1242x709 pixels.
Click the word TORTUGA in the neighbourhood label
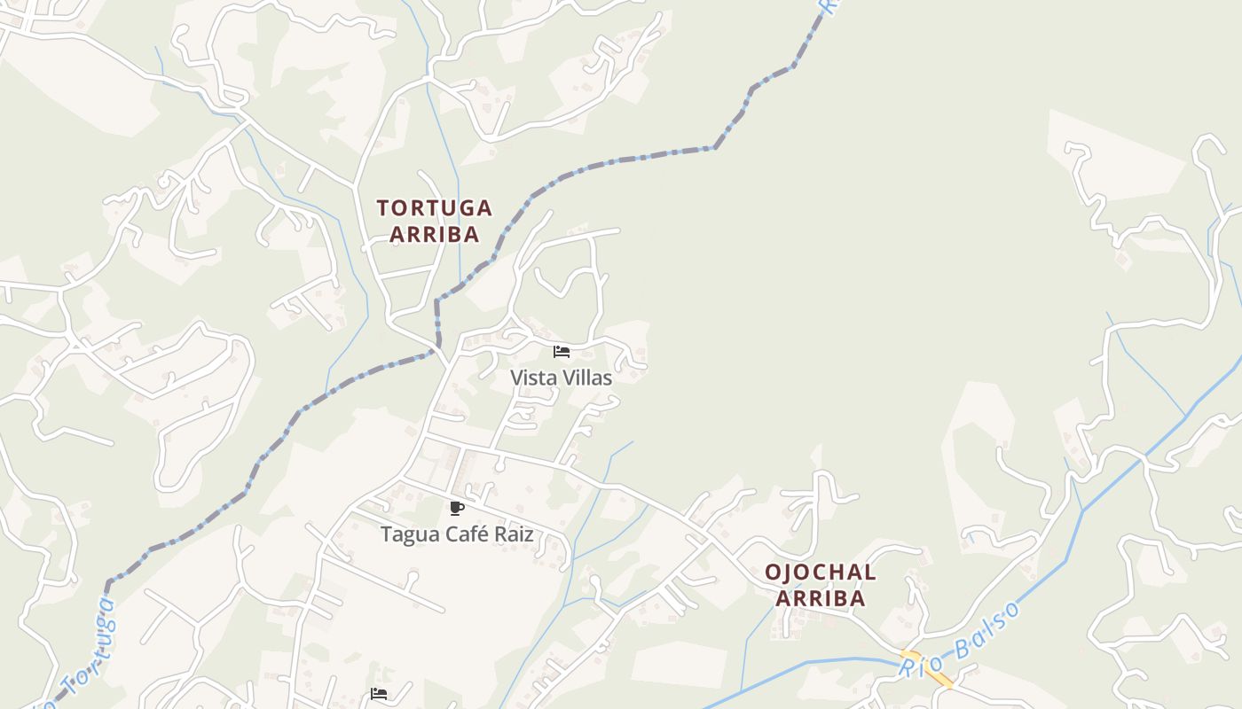pyautogui.click(x=434, y=208)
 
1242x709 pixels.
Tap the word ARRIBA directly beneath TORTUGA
pyautogui.click(x=434, y=235)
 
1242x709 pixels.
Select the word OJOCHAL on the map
pyautogui.click(x=821, y=573)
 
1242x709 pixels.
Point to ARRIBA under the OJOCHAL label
pyautogui.click(x=821, y=598)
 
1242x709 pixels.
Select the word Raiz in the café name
pyautogui.click(x=515, y=535)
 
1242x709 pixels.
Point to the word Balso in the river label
pyautogui.click(x=985, y=628)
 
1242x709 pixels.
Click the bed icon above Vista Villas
pyautogui.click(x=561, y=352)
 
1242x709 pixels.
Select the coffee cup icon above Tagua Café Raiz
pyautogui.click(x=457, y=508)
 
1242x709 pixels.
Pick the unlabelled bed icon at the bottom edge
pyautogui.click(x=379, y=693)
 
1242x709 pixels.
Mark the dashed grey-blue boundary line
pyautogui.click(x=621, y=160)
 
